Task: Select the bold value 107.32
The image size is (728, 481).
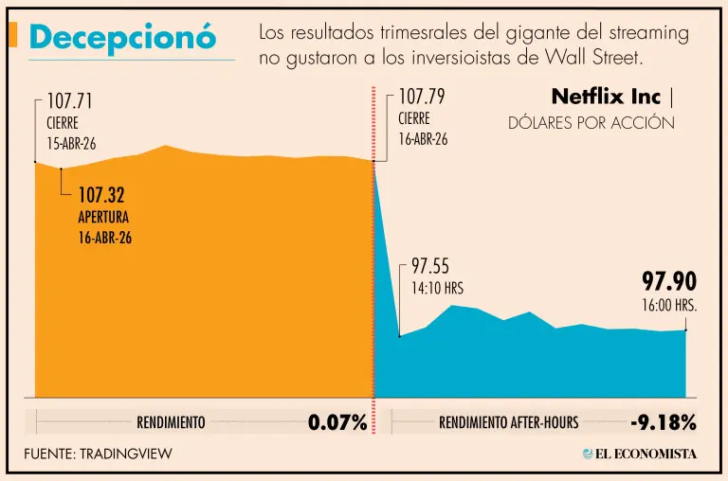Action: coord(101,196)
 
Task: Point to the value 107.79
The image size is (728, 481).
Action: coord(422,97)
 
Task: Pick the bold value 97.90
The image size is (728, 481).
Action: coord(669,282)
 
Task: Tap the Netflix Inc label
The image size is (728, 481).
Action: coord(606,98)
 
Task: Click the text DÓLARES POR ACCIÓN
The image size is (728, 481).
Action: coord(591,123)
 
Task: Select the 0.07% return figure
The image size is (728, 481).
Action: coord(337,422)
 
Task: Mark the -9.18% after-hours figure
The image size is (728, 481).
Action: coord(663,422)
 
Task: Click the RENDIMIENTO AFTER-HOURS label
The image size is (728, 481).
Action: coord(508,423)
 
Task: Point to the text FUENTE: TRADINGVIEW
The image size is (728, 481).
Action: coord(99,454)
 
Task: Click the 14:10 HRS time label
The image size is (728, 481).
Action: coord(437,288)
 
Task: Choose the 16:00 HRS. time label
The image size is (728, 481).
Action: coord(669,305)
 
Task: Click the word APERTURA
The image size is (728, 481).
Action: coord(105,217)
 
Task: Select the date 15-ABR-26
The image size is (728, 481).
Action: coord(71,144)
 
